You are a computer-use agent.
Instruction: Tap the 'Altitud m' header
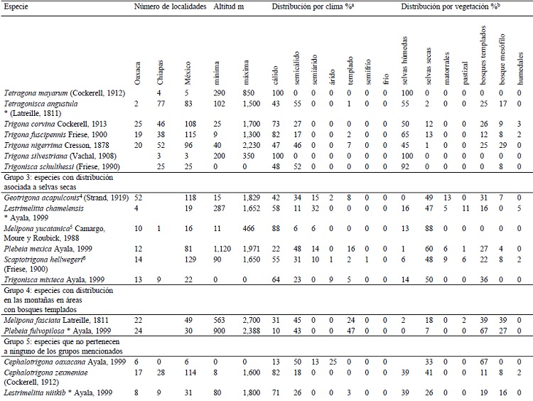[x=229, y=6]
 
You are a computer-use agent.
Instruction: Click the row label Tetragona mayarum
[x=46, y=93]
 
